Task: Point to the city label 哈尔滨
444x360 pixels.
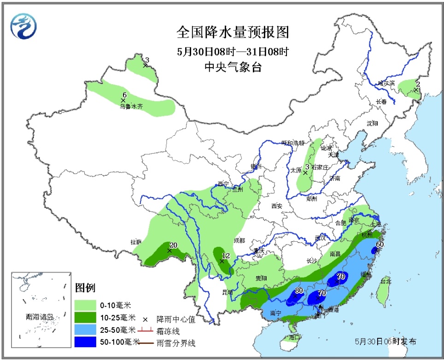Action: [x=386, y=83]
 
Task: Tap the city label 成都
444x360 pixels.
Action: [x=239, y=240]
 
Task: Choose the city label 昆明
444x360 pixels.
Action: [x=227, y=292]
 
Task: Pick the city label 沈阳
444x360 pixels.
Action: [x=372, y=123]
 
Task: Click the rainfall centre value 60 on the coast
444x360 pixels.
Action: [x=380, y=244]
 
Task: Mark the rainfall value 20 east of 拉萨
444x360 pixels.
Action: [x=173, y=245]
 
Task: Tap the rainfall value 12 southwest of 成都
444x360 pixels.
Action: [x=226, y=255]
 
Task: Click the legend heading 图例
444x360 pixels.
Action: [x=85, y=288]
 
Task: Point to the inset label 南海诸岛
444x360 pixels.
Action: [x=40, y=317]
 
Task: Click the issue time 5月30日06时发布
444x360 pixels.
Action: [x=386, y=342]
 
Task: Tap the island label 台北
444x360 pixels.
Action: [x=385, y=281]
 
